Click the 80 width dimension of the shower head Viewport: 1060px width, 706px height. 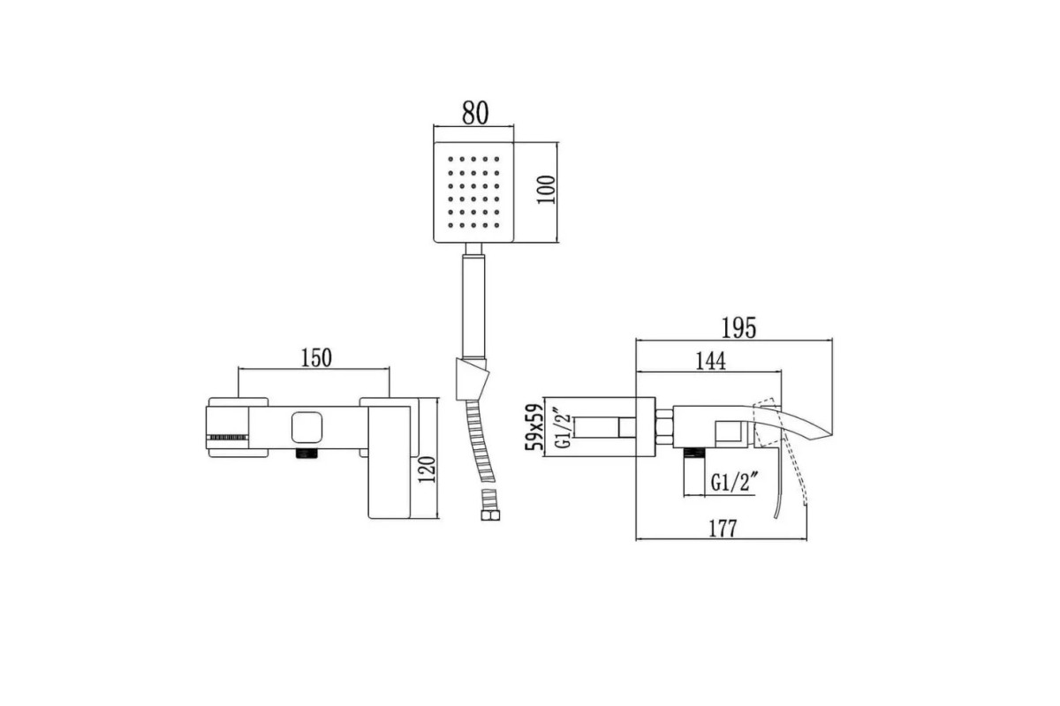pos(474,113)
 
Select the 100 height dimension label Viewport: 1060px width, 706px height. pos(546,190)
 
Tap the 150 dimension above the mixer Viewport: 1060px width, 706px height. pos(316,358)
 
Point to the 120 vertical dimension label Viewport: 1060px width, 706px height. pos(427,469)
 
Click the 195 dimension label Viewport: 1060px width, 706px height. pos(738,327)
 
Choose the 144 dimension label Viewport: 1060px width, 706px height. pos(710,361)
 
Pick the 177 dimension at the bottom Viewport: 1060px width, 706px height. pos(723,529)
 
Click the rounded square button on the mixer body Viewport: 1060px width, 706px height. pos(307,426)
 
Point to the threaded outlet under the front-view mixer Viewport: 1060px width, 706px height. pos(307,454)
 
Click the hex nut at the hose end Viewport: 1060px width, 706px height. pos(490,514)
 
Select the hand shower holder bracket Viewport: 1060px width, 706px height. pos(472,379)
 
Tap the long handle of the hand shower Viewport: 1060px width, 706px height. pos(473,306)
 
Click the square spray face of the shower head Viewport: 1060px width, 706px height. pos(473,192)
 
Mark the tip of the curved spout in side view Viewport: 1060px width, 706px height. pos(832,434)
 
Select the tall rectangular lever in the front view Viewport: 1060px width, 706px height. pos(389,462)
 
